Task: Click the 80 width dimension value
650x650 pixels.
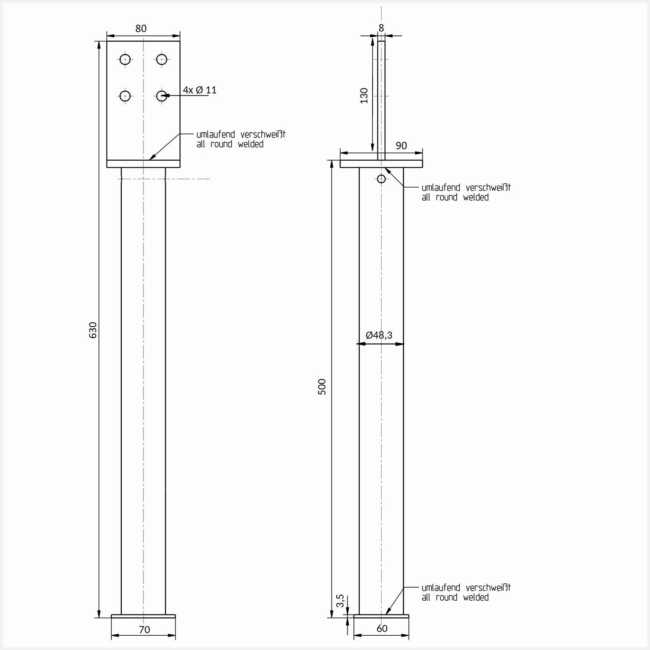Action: pos(141,29)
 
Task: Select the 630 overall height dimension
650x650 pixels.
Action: pos(93,330)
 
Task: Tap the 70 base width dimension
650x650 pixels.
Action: pos(144,630)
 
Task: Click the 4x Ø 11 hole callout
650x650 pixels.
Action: pos(199,90)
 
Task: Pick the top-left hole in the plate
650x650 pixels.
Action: pos(125,59)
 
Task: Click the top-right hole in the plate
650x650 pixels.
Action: pos(162,59)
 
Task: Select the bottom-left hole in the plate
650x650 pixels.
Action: pos(125,95)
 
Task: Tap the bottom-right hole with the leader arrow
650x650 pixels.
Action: pos(162,95)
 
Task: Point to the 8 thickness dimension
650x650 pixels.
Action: pos(381,28)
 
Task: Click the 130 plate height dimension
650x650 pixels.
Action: pos(364,95)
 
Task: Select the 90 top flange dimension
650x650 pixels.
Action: pos(401,146)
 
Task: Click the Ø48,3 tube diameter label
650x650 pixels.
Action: pos(379,335)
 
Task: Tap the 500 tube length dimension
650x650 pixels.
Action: pos(322,387)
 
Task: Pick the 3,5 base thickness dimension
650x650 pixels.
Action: pos(340,601)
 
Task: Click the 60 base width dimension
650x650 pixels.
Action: pos(382,629)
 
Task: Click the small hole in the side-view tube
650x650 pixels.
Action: pos(381,179)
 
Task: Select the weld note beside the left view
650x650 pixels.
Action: pos(240,139)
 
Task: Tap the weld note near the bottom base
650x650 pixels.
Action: pos(466,592)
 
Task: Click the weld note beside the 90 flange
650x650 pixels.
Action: pos(466,192)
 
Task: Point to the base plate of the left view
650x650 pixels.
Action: pos(143,616)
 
